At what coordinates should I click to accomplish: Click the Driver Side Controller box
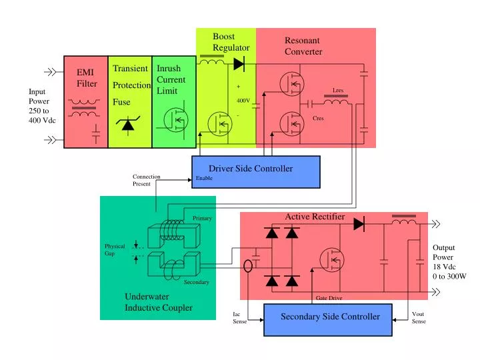pyautogui.click(x=256, y=172)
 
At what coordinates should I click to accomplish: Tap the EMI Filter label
pyautogui.click(x=87, y=78)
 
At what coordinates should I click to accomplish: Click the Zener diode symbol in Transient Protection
pyautogui.click(x=129, y=125)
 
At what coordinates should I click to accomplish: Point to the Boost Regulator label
pyautogui.click(x=231, y=42)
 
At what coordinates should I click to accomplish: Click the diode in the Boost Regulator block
pyautogui.click(x=239, y=65)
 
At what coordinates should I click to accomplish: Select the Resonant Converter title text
pyautogui.click(x=303, y=46)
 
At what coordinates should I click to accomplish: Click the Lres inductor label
pyautogui.click(x=338, y=90)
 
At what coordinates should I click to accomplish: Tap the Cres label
pyautogui.click(x=318, y=118)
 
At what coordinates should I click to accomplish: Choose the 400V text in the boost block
pyautogui.click(x=243, y=101)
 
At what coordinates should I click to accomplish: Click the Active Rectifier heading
pyautogui.click(x=315, y=217)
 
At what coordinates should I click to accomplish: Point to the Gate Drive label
pyautogui.click(x=329, y=298)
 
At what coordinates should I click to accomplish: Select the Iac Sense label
pyautogui.click(x=239, y=318)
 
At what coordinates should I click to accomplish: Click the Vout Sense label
pyautogui.click(x=419, y=318)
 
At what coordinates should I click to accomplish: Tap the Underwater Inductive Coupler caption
pyautogui.click(x=158, y=302)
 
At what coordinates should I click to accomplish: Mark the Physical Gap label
pyautogui.click(x=114, y=250)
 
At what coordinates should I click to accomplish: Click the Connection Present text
pyautogui.click(x=146, y=180)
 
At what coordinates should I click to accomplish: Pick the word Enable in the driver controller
pyautogui.click(x=204, y=179)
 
